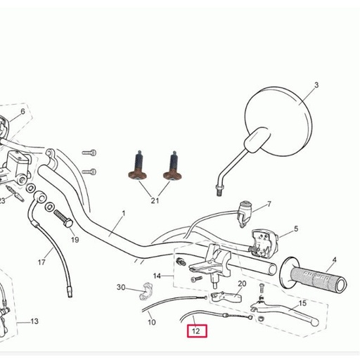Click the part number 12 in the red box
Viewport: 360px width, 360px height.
[196, 331]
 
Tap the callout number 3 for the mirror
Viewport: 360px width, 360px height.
[316, 85]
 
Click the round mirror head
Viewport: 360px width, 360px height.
[278, 121]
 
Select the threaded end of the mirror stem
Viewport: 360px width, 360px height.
[219, 191]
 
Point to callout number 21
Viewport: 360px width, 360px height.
[155, 200]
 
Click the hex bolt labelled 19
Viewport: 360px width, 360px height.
[63, 219]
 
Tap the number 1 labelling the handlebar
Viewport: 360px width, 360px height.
[124, 214]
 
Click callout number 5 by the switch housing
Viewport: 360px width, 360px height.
[296, 229]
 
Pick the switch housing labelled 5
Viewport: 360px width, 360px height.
[264, 243]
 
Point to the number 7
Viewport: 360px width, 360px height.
[269, 204]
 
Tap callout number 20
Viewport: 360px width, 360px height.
[242, 284]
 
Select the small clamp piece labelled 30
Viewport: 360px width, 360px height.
[146, 292]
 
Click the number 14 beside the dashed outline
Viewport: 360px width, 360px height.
[157, 276]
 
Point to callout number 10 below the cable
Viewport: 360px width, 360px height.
[152, 322]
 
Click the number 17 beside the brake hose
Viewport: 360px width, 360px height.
[41, 262]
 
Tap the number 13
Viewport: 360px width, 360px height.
[34, 321]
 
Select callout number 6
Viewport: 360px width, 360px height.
[22, 112]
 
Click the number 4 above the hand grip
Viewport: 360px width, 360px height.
[334, 260]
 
